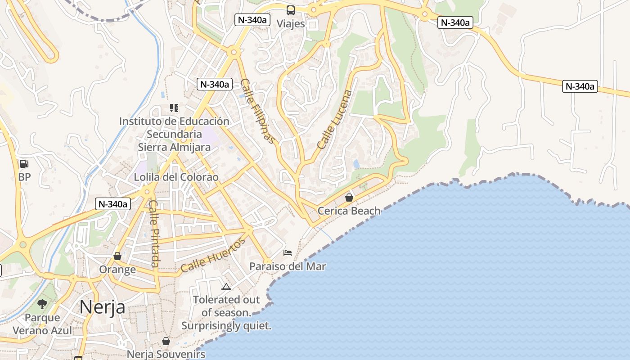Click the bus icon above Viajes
[x=291, y=10]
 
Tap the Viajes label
[x=291, y=24]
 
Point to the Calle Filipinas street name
[x=257, y=111]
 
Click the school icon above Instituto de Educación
[x=174, y=108]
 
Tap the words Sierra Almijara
[x=174, y=147]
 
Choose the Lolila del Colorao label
[x=176, y=177]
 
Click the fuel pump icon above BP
[x=24, y=164]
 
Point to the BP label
[x=24, y=177]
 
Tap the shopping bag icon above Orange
[x=117, y=256]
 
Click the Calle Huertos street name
[x=213, y=256]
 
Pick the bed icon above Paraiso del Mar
[x=288, y=253]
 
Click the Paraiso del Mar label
[x=288, y=266]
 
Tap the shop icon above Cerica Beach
[x=349, y=198]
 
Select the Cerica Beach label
[x=349, y=211]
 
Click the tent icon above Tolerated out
[x=226, y=287]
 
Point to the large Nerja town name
[x=102, y=307]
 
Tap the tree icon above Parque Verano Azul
[x=42, y=304]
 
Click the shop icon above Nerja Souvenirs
[x=166, y=341]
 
